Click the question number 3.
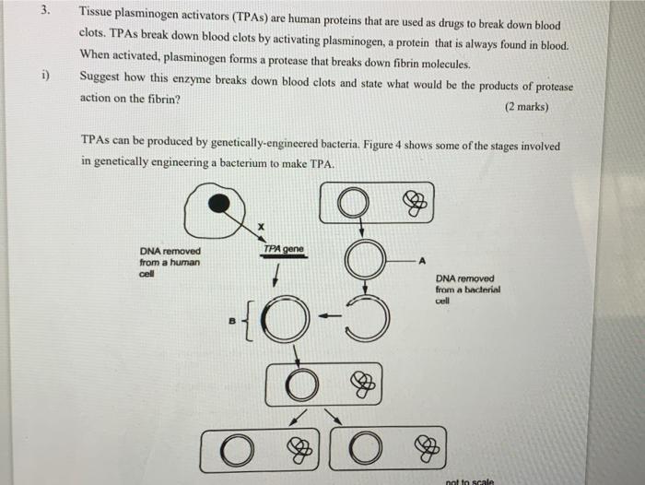pos(57,13)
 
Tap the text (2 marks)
pos(526,107)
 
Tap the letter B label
pos(233,322)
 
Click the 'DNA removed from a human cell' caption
pos(170,262)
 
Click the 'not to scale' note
pos(470,479)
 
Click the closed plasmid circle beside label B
pos(295,321)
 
